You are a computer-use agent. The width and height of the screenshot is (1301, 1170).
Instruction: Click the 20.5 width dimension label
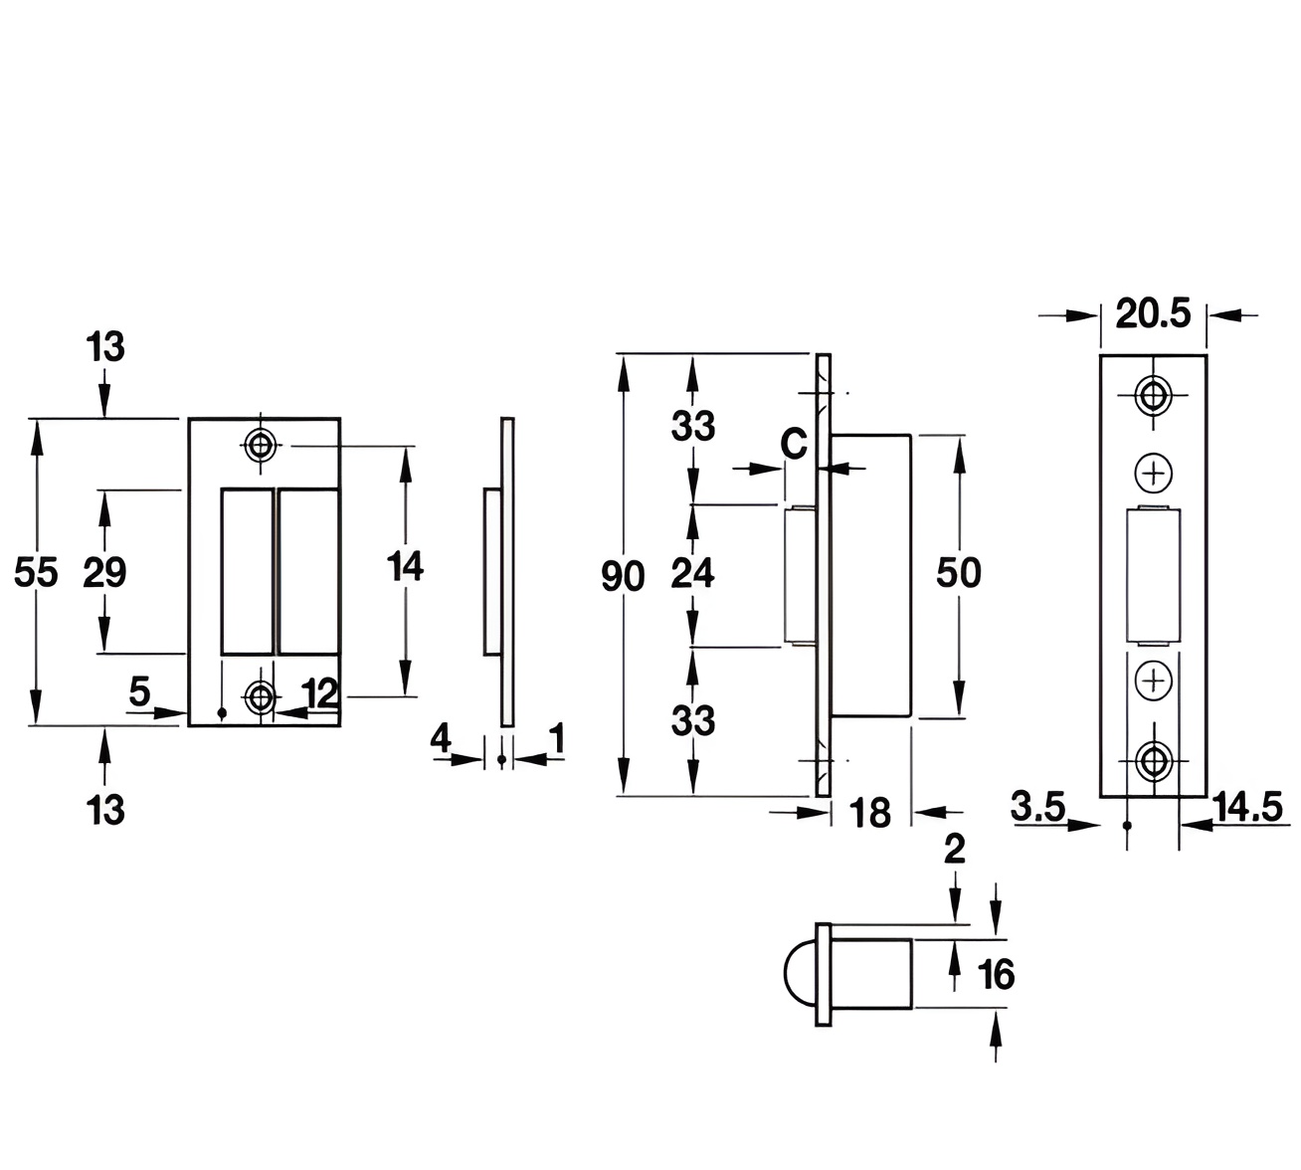pyautogui.click(x=1153, y=314)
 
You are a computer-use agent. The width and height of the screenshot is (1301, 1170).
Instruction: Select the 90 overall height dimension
pyautogui.click(x=623, y=576)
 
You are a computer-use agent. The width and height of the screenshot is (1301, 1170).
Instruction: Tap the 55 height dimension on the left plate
pyautogui.click(x=36, y=573)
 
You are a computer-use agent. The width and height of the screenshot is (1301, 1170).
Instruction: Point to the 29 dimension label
pyautogui.click(x=104, y=573)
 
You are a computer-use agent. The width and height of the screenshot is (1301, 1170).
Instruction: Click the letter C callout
pyautogui.click(x=794, y=444)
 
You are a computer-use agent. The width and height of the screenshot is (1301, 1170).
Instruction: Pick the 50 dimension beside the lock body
pyautogui.click(x=959, y=573)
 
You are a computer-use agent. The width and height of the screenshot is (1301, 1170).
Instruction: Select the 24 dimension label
pyautogui.click(x=692, y=573)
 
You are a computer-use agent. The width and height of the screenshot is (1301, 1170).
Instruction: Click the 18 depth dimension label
pyautogui.click(x=871, y=814)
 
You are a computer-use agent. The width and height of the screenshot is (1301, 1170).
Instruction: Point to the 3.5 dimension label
pyautogui.click(x=1038, y=806)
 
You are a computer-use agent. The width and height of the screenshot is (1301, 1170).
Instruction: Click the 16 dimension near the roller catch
pyautogui.click(x=996, y=974)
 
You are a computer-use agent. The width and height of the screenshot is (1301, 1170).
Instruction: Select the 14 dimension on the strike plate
pyautogui.click(x=406, y=567)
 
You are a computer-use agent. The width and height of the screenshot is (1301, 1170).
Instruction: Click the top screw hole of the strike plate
pyautogui.click(x=261, y=445)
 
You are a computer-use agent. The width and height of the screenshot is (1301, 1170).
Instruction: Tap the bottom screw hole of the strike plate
pyautogui.click(x=262, y=696)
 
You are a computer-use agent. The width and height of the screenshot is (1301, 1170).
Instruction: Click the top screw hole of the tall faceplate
pyautogui.click(x=1154, y=395)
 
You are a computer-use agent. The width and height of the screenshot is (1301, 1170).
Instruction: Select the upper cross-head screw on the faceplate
pyautogui.click(x=1154, y=473)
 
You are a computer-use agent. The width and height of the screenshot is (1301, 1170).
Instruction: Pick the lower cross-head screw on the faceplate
pyautogui.click(x=1154, y=681)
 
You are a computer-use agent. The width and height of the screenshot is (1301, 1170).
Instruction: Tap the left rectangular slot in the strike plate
pyautogui.click(x=247, y=571)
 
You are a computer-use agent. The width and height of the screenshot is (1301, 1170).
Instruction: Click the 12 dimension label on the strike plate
pyautogui.click(x=320, y=693)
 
